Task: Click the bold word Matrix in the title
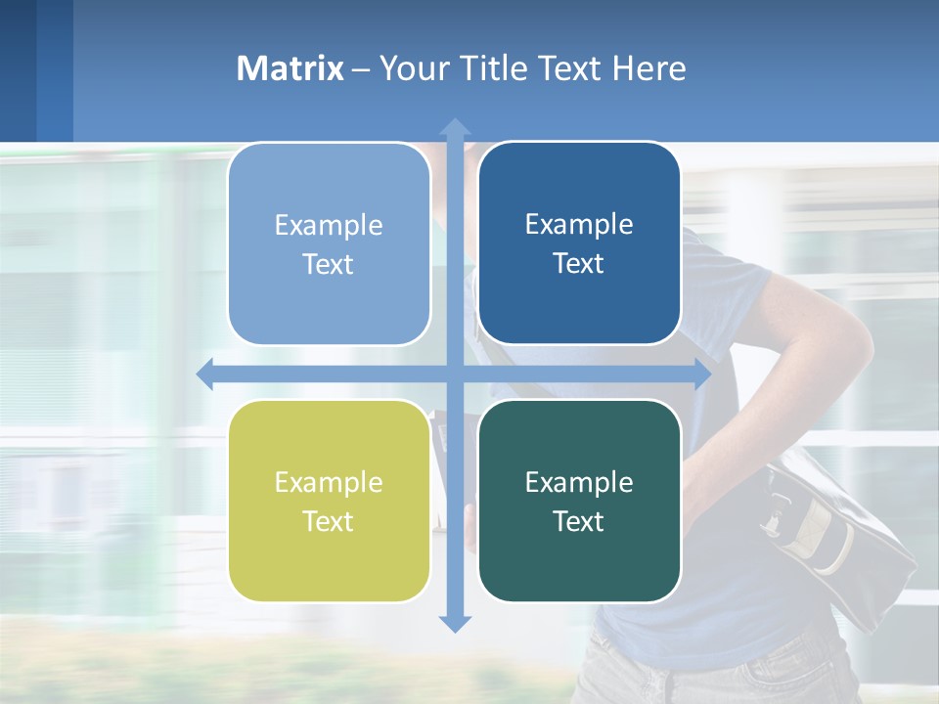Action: [x=291, y=68]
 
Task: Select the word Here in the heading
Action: [x=648, y=68]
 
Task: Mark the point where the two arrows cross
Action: [x=455, y=374]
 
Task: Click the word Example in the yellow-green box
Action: [x=329, y=482]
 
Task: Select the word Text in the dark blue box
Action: [x=579, y=263]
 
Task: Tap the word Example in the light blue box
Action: [x=329, y=225]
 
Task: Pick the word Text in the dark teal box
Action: [x=579, y=521]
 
